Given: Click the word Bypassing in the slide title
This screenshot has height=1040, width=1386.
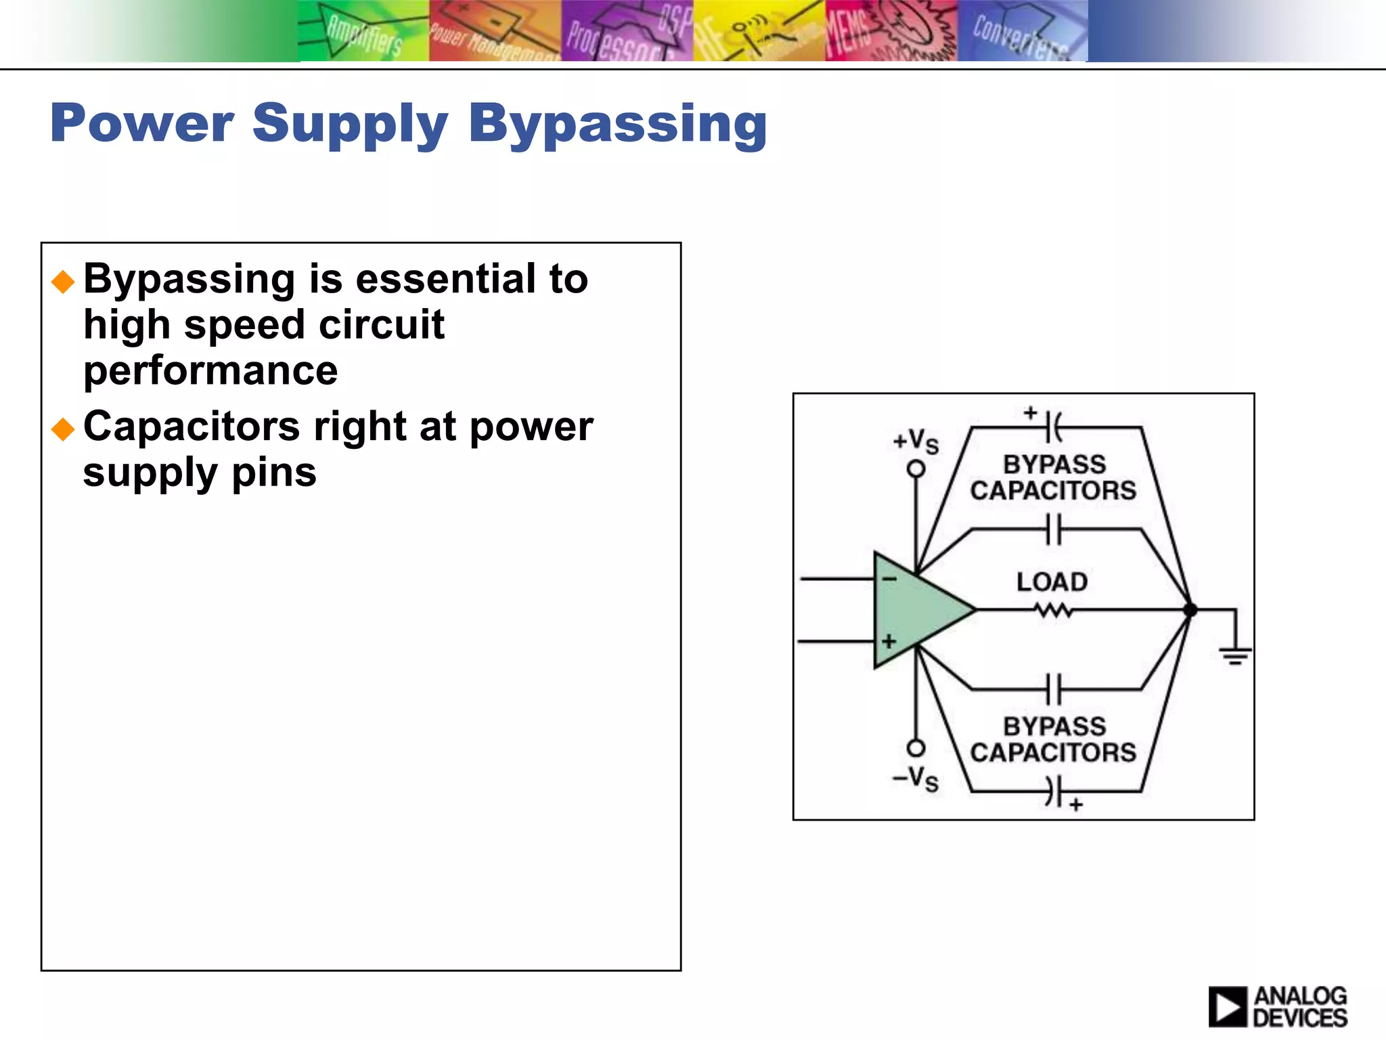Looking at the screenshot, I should click(617, 125).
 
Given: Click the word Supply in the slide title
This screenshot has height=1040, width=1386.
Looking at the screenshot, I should click(350, 125).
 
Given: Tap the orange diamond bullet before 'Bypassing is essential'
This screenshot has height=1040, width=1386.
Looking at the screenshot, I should click(63, 282).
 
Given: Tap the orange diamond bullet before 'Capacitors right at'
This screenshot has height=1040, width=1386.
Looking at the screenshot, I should click(63, 429).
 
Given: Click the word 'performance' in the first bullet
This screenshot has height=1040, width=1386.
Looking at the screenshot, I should click(210, 371).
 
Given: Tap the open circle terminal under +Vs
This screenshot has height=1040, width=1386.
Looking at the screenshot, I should click(916, 469).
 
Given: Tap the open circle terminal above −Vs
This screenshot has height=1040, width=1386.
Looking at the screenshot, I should click(916, 748).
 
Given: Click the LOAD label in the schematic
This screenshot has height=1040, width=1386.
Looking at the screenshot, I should click(1052, 582).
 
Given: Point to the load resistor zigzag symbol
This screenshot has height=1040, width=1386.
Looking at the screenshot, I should click(1053, 611).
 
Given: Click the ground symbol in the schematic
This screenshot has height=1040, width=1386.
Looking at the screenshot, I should click(1235, 654).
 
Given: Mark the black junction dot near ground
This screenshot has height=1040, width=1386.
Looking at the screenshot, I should click(1190, 610).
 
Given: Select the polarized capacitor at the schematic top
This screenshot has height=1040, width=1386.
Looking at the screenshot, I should click(1052, 427).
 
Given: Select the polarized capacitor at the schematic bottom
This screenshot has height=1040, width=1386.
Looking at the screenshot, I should click(1052, 791).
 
